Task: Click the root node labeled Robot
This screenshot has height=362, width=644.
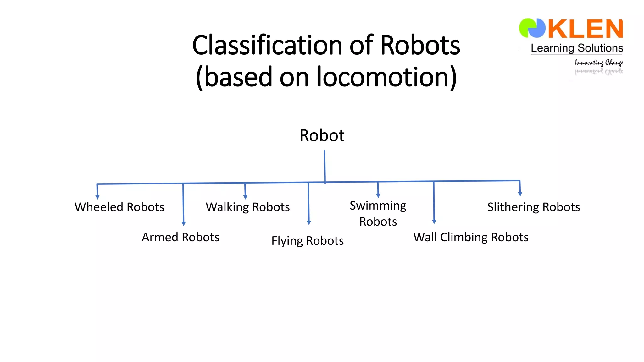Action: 322,135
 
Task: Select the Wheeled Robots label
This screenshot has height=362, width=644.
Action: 119,207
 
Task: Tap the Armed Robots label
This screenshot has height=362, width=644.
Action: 180,237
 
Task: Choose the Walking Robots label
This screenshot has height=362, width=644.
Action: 247,207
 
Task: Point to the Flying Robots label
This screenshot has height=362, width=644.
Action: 307,241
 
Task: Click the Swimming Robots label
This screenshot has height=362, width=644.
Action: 378,213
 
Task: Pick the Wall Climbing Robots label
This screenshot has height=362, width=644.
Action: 471,237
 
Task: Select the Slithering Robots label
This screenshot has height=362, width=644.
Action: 534,207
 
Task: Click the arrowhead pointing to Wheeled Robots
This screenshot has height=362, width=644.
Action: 97,197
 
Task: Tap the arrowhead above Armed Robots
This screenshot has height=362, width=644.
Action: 184,224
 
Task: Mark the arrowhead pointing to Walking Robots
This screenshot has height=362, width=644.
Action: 246,197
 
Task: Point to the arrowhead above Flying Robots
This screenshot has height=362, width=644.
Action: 309,223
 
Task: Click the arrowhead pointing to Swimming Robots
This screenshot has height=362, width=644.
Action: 378,195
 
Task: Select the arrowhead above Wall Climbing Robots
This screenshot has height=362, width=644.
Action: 434,222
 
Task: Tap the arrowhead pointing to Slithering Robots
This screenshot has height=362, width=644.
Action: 520,194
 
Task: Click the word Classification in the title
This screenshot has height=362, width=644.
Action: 267,45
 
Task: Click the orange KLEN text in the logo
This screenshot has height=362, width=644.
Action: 585,29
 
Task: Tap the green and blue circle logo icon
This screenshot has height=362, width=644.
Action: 532,28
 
